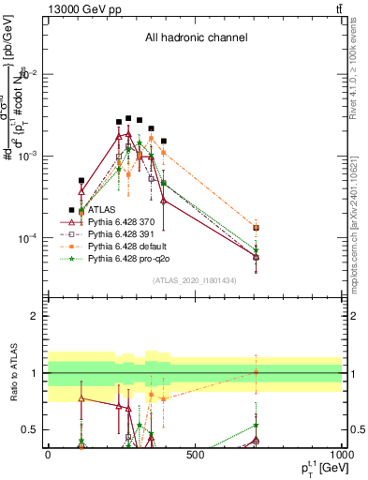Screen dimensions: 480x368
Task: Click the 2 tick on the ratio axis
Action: tap(38, 316)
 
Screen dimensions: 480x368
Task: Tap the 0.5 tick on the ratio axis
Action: tap(36, 429)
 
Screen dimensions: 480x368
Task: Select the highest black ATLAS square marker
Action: tap(128, 119)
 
